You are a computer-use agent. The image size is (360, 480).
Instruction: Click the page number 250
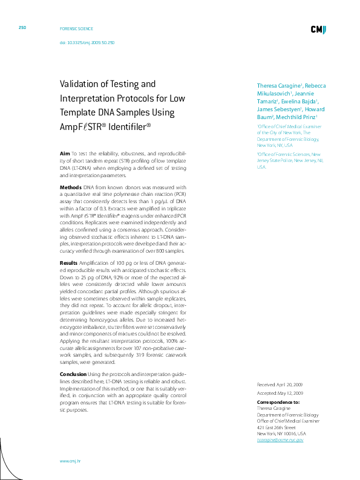pyautogui.click(x=22, y=28)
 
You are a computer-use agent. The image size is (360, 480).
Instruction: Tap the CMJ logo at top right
pyautogui.click(x=319, y=29)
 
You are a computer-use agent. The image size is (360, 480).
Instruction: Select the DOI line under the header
pyautogui.click(x=87, y=43)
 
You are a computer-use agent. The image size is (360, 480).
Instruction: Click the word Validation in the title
pyautogui.click(x=81, y=84)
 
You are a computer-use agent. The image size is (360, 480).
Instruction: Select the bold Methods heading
pyautogui.click(x=70, y=188)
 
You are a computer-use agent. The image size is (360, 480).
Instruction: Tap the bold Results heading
pyautogui.click(x=68, y=263)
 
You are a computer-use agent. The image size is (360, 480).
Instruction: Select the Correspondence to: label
pyautogui.click(x=278, y=402)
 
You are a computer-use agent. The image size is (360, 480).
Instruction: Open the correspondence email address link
pyautogui.click(x=280, y=439)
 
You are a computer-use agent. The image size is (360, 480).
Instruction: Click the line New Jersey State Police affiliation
pyautogui.click(x=281, y=161)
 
